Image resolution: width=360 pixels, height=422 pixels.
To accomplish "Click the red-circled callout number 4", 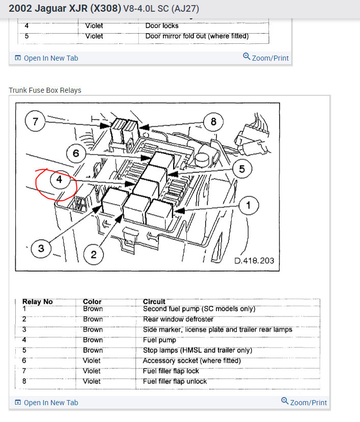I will pyautogui.click(x=59, y=180).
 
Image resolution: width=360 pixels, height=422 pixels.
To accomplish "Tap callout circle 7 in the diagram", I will pyautogui.click(x=35, y=122).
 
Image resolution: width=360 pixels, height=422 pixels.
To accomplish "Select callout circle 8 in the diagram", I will pyautogui.click(x=213, y=122).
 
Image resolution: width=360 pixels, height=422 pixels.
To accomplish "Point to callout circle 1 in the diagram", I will pyautogui.click(x=248, y=205).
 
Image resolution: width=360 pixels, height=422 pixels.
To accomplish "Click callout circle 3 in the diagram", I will pyautogui.click(x=41, y=248).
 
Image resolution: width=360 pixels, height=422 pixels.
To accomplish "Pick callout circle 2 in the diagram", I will pyautogui.click(x=93, y=254).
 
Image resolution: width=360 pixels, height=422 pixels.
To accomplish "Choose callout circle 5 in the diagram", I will pyautogui.click(x=242, y=168).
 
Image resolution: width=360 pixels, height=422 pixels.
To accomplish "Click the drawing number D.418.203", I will pyautogui.click(x=254, y=260).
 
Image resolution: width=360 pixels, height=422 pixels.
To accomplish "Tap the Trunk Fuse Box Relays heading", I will pyautogui.click(x=45, y=90).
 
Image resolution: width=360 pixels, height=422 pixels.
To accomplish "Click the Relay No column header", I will pyautogui.click(x=38, y=302).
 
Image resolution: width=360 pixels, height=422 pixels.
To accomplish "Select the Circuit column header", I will pyautogui.click(x=154, y=302).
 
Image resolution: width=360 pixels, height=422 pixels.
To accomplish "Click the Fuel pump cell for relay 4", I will pyautogui.click(x=159, y=340).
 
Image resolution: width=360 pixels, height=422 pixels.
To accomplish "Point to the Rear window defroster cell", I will pyautogui.click(x=178, y=319).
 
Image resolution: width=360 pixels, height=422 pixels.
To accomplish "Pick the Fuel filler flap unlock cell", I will pyautogui.click(x=175, y=381).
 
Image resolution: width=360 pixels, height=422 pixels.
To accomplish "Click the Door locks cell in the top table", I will pyautogui.click(x=162, y=25).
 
